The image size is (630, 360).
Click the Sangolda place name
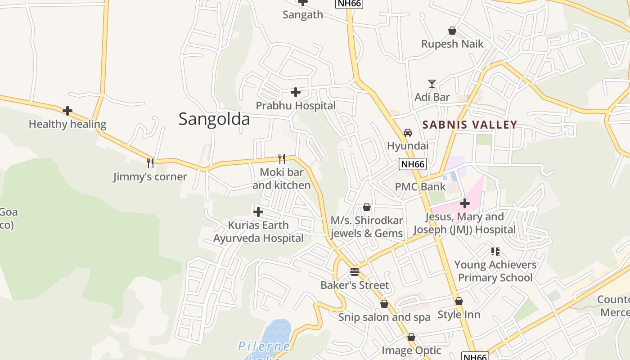[x=214, y=119]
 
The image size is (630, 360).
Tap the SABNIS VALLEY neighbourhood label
[x=470, y=125]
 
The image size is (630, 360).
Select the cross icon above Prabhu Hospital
[x=296, y=92]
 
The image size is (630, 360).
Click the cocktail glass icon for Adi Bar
[x=432, y=84]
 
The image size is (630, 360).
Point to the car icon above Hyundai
[x=408, y=133]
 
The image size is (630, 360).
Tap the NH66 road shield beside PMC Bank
[x=413, y=164]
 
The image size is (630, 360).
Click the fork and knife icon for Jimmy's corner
[x=150, y=163]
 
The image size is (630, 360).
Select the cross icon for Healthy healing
[x=67, y=111]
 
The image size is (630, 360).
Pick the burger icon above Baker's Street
[x=355, y=272]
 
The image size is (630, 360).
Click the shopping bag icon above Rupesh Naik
[x=452, y=31]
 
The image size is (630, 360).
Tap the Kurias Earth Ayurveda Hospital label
[x=258, y=232]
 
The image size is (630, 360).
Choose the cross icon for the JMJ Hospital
[x=465, y=204]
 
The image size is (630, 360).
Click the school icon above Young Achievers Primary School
[x=495, y=251]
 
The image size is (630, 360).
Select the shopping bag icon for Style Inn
[x=459, y=301]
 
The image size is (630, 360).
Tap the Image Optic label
[x=411, y=350]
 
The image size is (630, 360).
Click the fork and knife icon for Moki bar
[x=282, y=158]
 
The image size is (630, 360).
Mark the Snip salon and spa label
[x=384, y=317]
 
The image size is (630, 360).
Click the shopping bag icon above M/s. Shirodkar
[x=367, y=207]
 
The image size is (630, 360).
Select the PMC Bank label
[x=420, y=187]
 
